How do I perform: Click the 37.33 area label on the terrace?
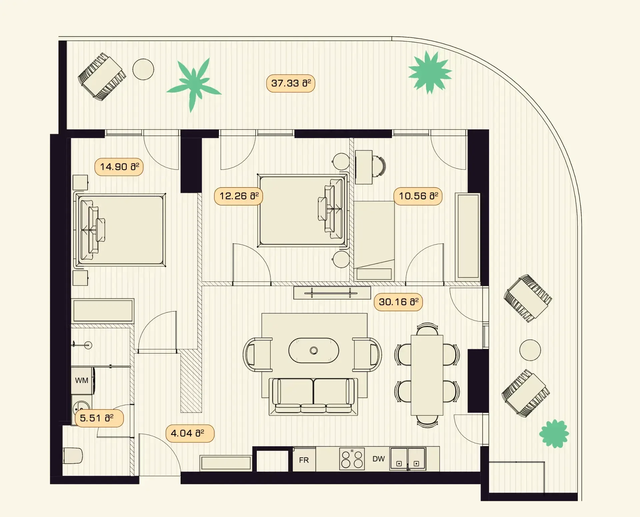291,83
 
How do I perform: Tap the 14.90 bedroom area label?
119,167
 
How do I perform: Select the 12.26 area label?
239,196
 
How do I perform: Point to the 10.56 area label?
418,196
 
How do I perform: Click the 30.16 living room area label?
398,302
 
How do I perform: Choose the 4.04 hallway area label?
190,434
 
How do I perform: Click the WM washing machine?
82,381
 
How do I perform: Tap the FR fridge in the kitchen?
304,460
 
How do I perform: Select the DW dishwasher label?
379,459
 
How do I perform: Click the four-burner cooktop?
352,459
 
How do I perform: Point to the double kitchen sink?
408,459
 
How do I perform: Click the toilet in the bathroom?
73,456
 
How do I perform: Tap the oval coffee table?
314,351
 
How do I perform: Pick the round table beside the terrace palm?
143,69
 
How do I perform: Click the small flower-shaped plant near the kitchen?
554,434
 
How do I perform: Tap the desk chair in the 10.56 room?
379,166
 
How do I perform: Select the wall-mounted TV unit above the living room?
332,293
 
